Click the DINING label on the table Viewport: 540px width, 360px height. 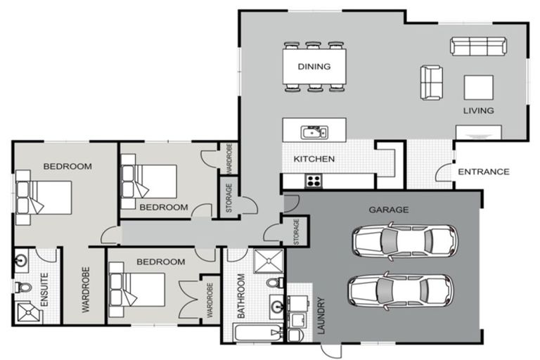[x=314, y=66]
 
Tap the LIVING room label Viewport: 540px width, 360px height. [x=478, y=110]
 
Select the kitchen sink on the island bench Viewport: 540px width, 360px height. [x=314, y=132]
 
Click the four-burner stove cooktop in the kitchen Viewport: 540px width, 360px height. [x=314, y=181]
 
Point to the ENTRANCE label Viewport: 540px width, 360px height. [x=484, y=172]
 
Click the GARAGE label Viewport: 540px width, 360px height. [x=389, y=210]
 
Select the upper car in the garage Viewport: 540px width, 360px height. [x=405, y=240]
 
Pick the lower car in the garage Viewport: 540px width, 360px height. [x=401, y=290]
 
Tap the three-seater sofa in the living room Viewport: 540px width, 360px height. [x=478, y=46]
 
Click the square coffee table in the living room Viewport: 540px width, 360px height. [x=478, y=87]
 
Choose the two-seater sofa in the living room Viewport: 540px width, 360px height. [x=431, y=83]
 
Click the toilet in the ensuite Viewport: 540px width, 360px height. [x=22, y=287]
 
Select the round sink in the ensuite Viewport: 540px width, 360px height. [x=21, y=260]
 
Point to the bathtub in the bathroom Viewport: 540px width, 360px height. [x=257, y=333]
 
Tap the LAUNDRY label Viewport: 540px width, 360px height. [x=321, y=316]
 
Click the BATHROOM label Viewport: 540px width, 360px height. [x=241, y=296]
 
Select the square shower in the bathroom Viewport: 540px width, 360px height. [x=269, y=261]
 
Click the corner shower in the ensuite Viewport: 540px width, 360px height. [x=29, y=313]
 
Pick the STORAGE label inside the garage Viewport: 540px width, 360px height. [x=296, y=232]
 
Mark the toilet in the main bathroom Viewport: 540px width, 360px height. [x=275, y=283]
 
